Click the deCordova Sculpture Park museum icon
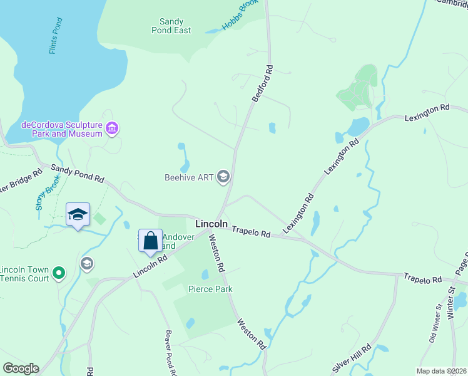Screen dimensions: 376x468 point(112,129)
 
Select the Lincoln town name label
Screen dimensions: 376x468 point(211,223)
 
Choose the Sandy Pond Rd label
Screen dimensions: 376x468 point(77,174)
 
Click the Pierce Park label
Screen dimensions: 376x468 point(210,289)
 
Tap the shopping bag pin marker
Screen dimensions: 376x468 point(150,241)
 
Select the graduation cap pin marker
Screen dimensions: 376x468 point(78,214)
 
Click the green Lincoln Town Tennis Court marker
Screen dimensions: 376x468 point(58,273)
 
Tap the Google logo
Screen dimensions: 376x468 point(21,368)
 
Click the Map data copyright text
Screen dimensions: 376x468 point(441,371)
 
